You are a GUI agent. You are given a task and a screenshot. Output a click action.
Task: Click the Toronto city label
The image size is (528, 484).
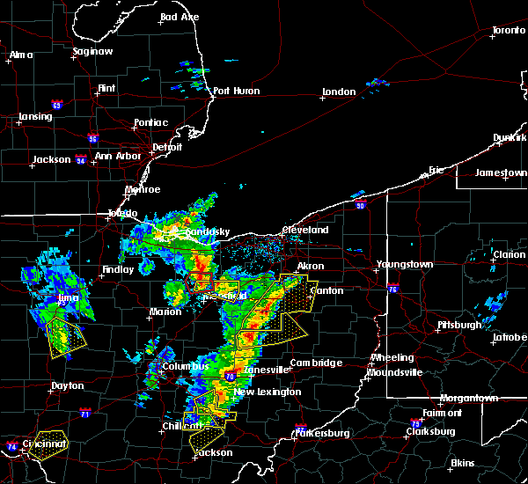[x=508, y=30]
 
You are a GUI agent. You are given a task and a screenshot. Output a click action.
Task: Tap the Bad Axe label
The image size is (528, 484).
[x=179, y=18]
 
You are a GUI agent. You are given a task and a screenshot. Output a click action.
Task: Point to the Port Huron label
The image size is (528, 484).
[x=233, y=90]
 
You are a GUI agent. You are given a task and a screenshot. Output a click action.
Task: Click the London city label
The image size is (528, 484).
[x=339, y=92]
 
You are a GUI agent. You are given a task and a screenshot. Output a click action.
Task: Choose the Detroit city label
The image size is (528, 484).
[x=166, y=147]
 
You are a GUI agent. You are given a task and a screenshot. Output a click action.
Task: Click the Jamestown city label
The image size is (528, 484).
[x=501, y=172]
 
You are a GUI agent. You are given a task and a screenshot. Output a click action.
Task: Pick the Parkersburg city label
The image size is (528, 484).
[x=325, y=433]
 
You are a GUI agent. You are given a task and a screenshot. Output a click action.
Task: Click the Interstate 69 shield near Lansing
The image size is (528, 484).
[x=57, y=106]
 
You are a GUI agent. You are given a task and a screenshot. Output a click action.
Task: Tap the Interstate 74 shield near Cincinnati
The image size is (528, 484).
[x=11, y=446]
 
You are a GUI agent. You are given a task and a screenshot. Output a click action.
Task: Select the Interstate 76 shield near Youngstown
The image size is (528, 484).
[x=393, y=289]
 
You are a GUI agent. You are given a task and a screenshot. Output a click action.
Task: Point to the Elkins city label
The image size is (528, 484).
[x=462, y=463]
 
